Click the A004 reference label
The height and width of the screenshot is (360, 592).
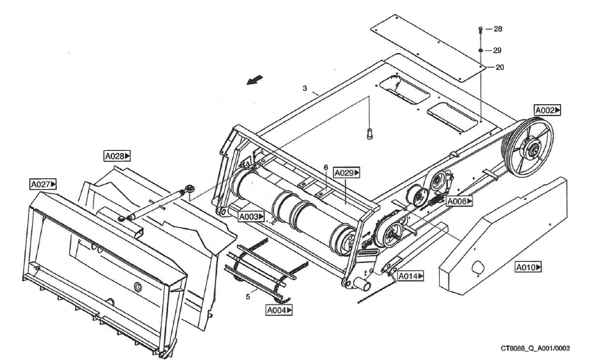point(279,310)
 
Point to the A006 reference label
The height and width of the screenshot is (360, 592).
point(458,200)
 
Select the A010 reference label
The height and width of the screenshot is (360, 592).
point(529,267)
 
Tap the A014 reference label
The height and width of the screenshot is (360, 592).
point(410,275)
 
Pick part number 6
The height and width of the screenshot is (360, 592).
point(325,168)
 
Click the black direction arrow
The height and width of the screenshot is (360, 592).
point(254,80)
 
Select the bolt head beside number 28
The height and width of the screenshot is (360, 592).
point(481,29)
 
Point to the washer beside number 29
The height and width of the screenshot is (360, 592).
point(481,50)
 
